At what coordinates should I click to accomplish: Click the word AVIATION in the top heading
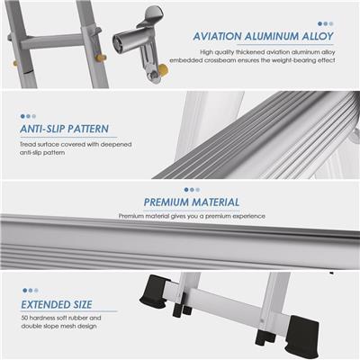click(217, 36)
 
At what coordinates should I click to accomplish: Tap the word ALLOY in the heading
click(318, 36)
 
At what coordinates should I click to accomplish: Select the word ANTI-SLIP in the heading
click(41, 129)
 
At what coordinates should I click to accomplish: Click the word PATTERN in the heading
click(87, 129)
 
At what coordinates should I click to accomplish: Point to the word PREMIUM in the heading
click(166, 202)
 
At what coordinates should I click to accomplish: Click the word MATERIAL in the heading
click(216, 202)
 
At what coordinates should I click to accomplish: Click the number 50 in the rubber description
click(24, 318)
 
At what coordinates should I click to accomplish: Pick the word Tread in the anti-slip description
click(26, 144)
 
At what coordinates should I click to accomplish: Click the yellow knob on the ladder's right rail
click(101, 57)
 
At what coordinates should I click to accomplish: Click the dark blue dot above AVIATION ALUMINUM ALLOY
click(319, 23)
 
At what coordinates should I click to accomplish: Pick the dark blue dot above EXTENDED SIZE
click(25, 291)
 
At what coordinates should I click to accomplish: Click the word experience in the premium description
click(249, 216)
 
